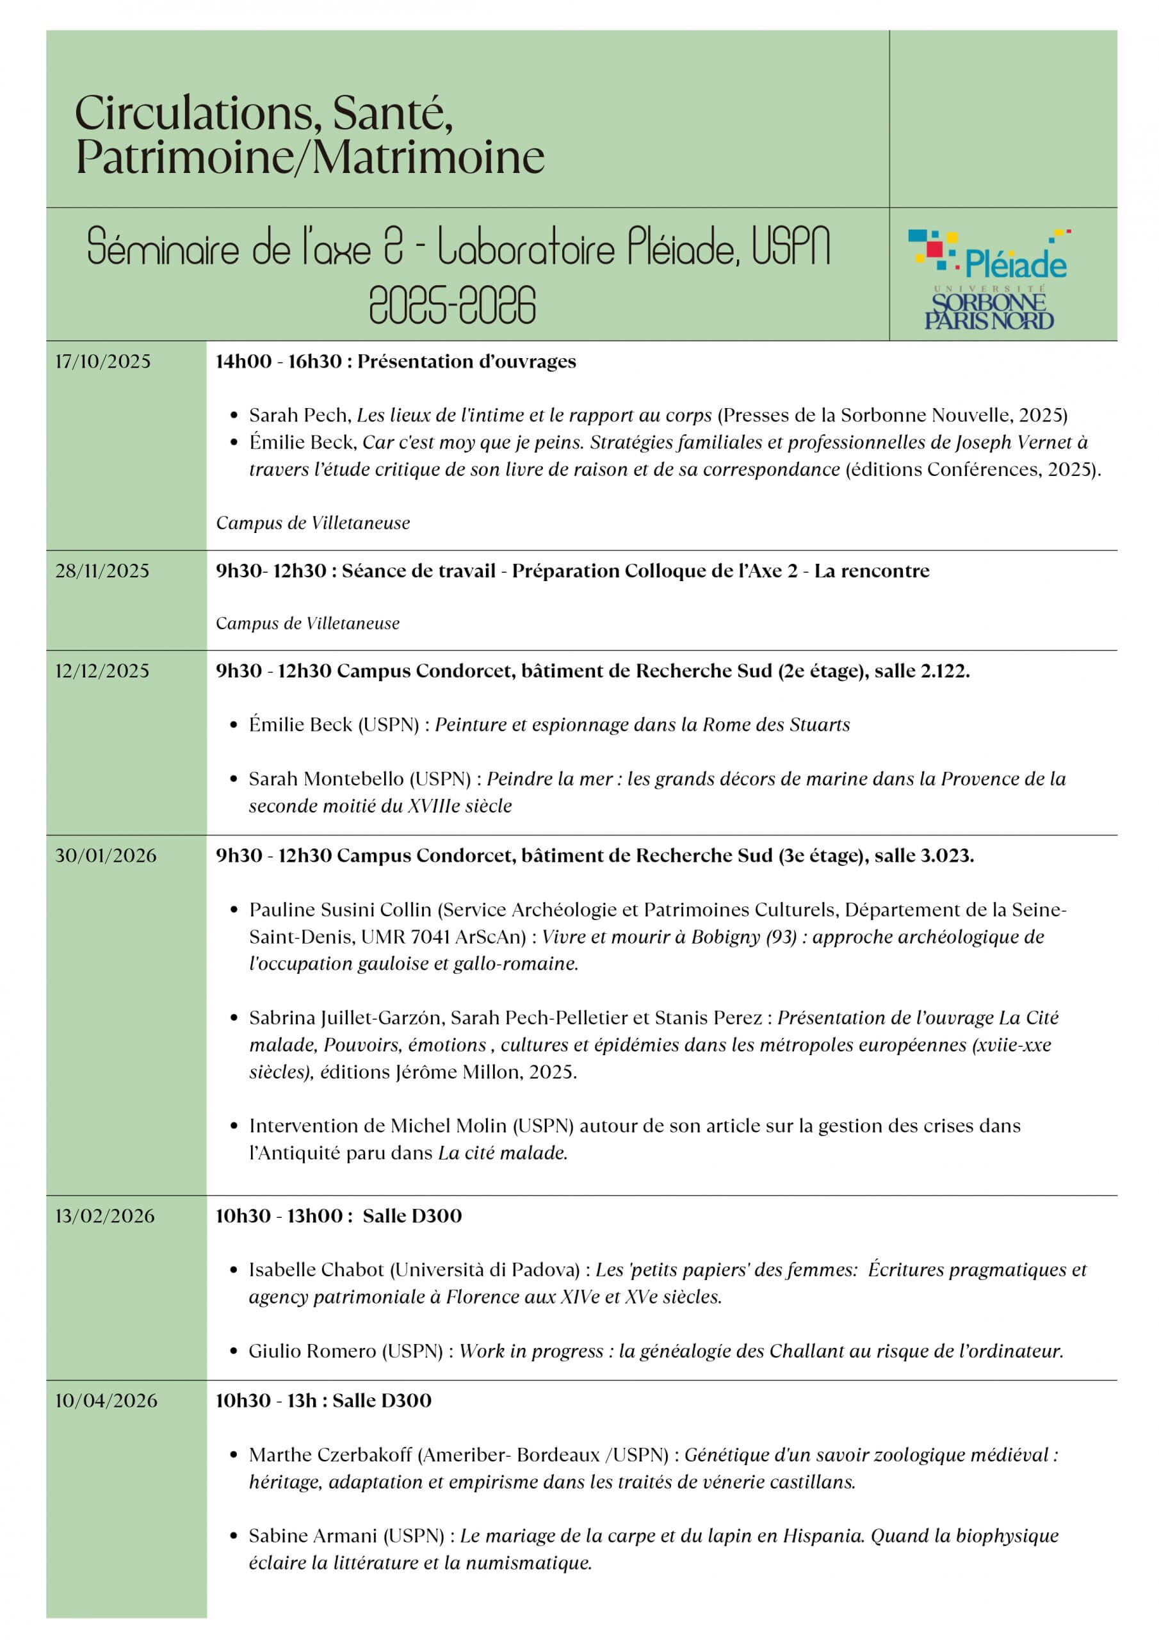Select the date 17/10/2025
[x=104, y=361]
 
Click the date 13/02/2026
[x=105, y=1216]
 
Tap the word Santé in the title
[x=392, y=113]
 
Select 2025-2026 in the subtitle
[x=452, y=305]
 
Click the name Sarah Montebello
[x=360, y=778]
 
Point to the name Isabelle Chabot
[x=316, y=1269]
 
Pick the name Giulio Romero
[x=312, y=1350]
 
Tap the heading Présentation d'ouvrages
[x=466, y=361]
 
